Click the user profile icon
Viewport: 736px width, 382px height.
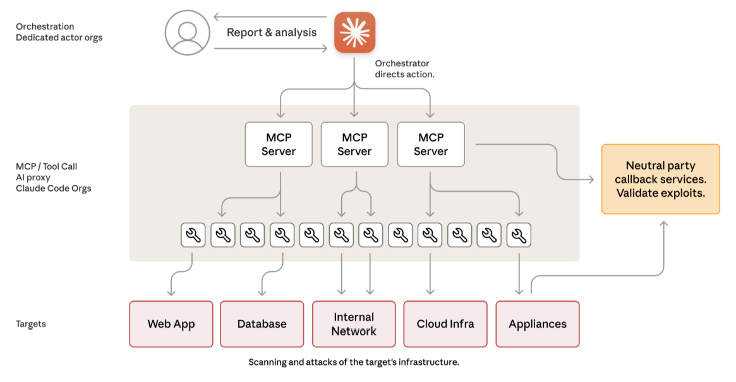[188, 32]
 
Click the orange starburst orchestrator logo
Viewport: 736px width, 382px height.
[354, 32]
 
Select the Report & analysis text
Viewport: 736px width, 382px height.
[272, 33]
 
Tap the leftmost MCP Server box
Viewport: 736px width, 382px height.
[279, 144]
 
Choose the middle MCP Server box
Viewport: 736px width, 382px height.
[354, 144]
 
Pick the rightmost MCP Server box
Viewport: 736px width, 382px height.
[431, 144]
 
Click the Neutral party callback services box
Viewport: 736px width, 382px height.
[660, 179]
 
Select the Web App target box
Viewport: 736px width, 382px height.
[171, 324]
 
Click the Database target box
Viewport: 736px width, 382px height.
[262, 324]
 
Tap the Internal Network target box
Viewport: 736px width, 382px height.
[354, 324]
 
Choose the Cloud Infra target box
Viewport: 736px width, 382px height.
[445, 324]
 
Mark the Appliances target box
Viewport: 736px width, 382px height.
[538, 324]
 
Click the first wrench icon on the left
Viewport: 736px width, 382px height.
[193, 235]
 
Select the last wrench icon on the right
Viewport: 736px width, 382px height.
[519, 235]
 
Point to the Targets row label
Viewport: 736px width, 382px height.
[31, 324]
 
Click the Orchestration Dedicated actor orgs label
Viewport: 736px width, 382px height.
[59, 32]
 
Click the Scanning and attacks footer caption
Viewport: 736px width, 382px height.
[354, 362]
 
